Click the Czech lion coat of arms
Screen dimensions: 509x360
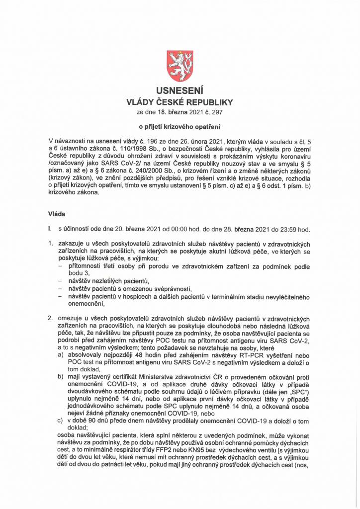click(x=180, y=66)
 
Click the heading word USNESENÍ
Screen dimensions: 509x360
click(x=180, y=92)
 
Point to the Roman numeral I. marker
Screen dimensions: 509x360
click(x=50, y=229)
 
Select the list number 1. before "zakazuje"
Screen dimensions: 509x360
click(x=50, y=245)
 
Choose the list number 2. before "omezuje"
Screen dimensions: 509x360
click(x=50, y=318)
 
